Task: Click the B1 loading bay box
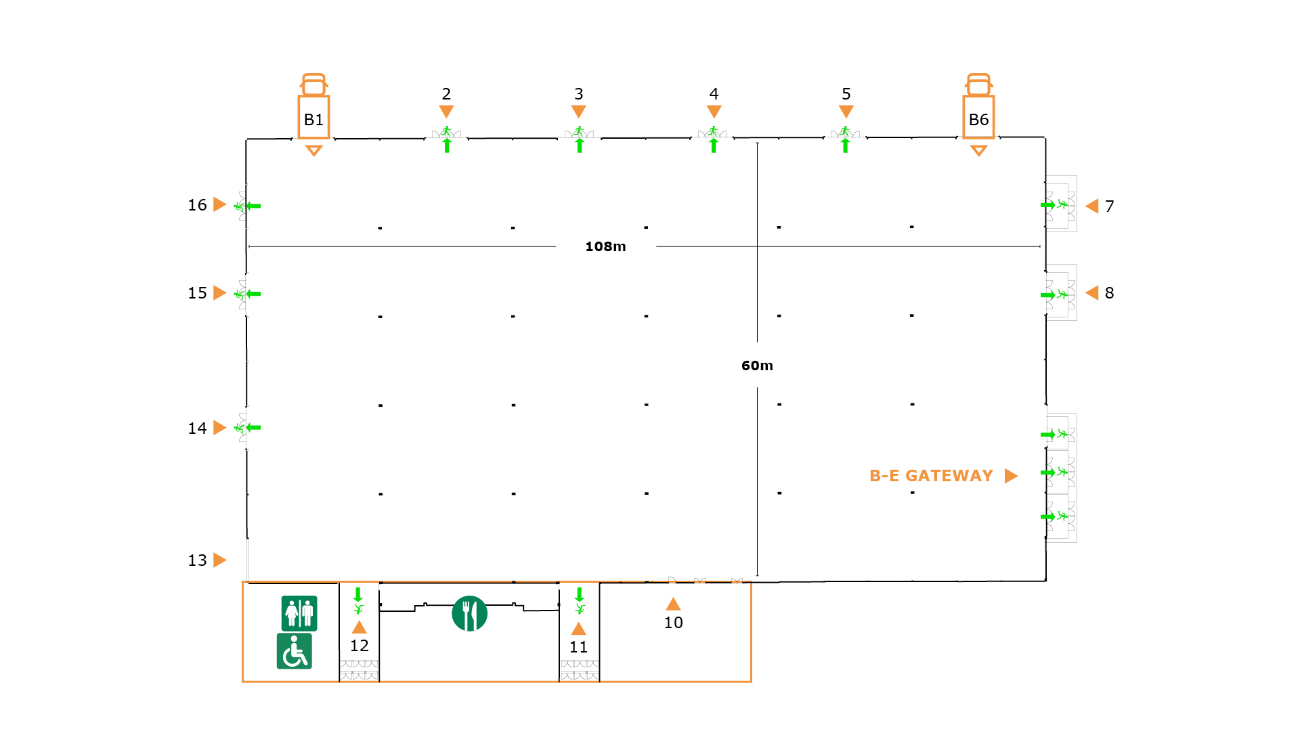(x=313, y=118)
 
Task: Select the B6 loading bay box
(x=978, y=118)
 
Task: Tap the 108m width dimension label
(x=605, y=246)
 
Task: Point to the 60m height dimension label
(x=757, y=365)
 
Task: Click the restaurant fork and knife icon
(x=469, y=613)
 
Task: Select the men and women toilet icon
(x=299, y=613)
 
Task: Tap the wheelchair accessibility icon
(x=295, y=651)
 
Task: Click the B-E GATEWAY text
(x=931, y=476)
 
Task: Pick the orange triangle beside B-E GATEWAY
(x=1011, y=476)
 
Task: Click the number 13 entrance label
(x=197, y=560)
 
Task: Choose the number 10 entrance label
(x=673, y=623)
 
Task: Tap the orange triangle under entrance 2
(x=446, y=111)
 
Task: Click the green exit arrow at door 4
(x=714, y=146)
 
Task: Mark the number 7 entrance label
(x=1109, y=206)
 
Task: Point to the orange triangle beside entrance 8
(x=1091, y=292)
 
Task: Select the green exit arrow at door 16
(x=253, y=206)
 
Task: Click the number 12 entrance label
(x=359, y=646)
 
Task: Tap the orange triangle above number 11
(x=578, y=629)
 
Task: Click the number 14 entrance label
(x=197, y=428)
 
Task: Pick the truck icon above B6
(x=978, y=84)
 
